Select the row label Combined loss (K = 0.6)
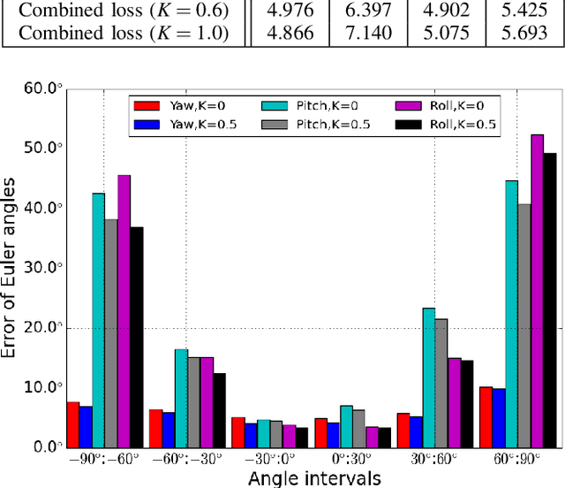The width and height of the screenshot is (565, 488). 123,11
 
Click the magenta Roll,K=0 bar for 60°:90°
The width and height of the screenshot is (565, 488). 537,291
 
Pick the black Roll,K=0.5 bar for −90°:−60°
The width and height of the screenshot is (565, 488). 137,337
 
